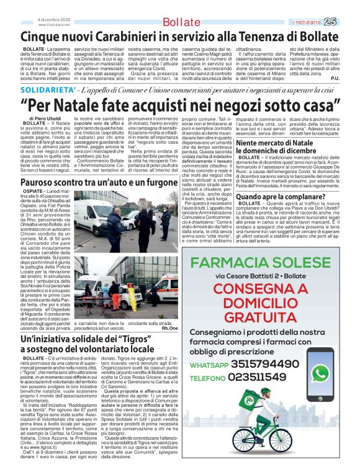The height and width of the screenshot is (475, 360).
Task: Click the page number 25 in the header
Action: click(348, 22)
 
